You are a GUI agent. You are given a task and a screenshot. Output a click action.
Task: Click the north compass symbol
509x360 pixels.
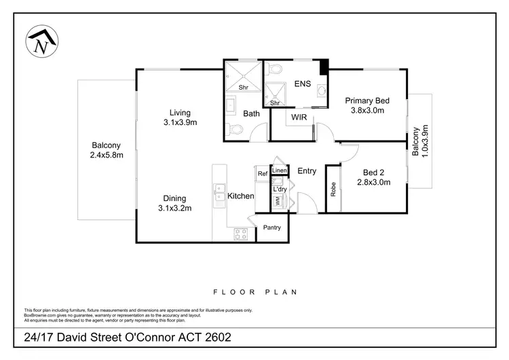(x=42, y=41)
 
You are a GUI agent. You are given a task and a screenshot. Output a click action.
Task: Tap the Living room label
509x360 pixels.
(x=180, y=113)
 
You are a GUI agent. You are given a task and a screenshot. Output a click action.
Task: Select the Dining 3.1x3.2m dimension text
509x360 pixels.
(x=174, y=208)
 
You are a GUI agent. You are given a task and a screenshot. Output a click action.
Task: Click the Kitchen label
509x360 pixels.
(x=240, y=196)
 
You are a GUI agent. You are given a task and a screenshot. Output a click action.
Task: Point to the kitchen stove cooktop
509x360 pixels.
(x=241, y=234)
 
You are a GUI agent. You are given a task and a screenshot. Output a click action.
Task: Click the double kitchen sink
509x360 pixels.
(x=219, y=192)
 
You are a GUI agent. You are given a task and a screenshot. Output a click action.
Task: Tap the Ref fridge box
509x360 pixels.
(x=262, y=173)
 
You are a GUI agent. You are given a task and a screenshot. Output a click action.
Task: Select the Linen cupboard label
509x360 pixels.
(x=280, y=170)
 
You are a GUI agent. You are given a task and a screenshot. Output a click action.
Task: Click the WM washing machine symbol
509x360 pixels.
(x=278, y=201)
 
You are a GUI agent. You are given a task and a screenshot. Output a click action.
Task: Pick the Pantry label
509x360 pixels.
(x=272, y=228)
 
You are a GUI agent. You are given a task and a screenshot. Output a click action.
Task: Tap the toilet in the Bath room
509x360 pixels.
(x=234, y=129)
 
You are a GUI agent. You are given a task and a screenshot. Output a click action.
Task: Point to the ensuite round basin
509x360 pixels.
(x=322, y=90)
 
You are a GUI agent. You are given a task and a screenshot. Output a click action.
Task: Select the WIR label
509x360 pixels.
(x=299, y=117)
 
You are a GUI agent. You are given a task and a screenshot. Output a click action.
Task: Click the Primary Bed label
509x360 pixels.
(x=367, y=101)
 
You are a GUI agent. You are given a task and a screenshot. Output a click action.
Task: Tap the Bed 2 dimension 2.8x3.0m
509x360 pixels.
(x=374, y=182)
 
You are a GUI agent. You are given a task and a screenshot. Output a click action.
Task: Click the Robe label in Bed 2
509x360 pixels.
(x=333, y=190)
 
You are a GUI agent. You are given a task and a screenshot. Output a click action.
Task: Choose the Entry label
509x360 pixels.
(x=307, y=171)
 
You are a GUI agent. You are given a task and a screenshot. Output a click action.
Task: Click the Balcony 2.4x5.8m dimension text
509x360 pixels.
(x=107, y=155)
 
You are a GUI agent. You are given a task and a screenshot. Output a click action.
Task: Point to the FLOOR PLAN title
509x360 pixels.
(x=255, y=292)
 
